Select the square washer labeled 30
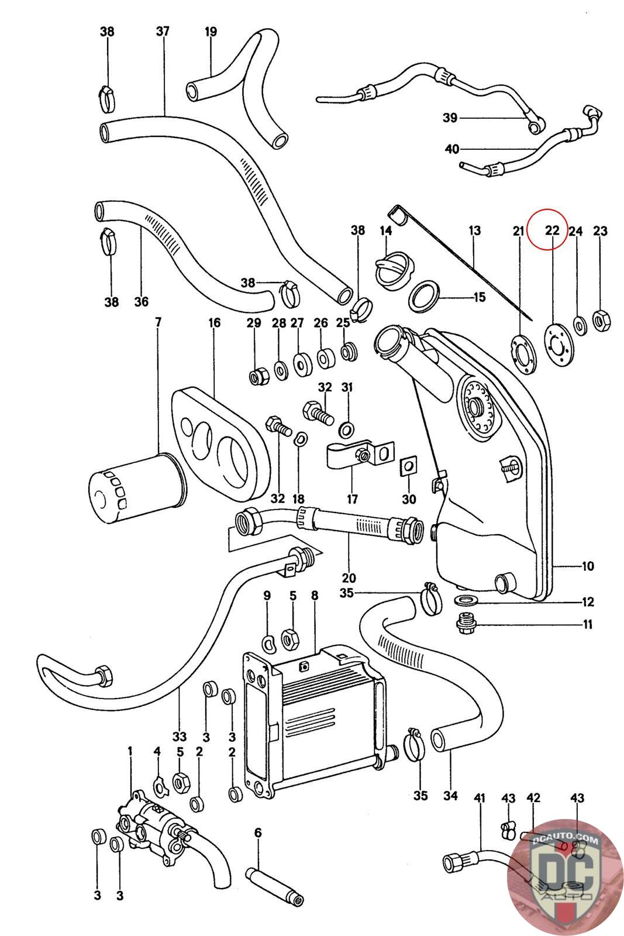tap(408, 466)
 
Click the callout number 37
tap(163, 31)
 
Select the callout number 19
tap(211, 31)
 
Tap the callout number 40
tap(452, 149)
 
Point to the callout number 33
tap(179, 736)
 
